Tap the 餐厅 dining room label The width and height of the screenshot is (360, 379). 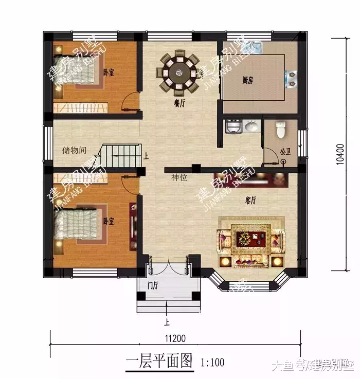click(179, 103)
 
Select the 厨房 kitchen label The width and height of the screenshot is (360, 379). click(248, 80)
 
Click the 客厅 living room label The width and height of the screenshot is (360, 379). click(250, 201)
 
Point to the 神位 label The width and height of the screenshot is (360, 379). click(179, 177)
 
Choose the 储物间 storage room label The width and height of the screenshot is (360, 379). click(74, 150)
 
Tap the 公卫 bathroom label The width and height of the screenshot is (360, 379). click(285, 152)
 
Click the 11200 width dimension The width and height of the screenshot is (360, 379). click(175, 338)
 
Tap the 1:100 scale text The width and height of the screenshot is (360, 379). click(213, 362)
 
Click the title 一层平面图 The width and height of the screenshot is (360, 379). click(159, 361)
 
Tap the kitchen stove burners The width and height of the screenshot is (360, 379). click(292, 78)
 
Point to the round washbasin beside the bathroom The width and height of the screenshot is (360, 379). click(251, 127)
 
